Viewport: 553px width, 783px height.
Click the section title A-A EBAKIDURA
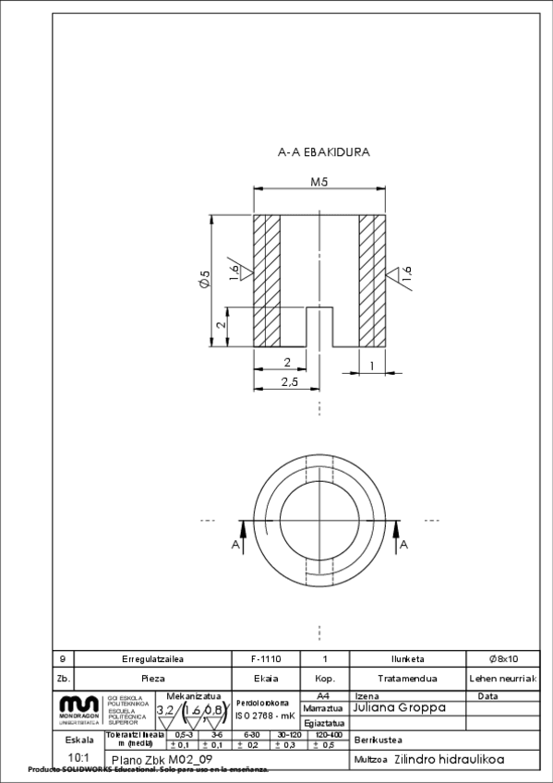tap(319, 153)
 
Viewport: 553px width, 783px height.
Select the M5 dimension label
tap(319, 183)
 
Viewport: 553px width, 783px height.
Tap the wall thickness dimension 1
tap(372, 367)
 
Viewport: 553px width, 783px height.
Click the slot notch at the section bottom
tap(319, 327)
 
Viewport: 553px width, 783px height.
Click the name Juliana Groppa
tap(400, 708)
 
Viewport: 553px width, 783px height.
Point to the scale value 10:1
tap(78, 757)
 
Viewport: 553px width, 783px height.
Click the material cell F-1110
tap(266, 659)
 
